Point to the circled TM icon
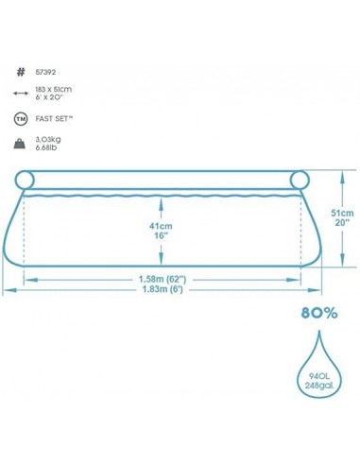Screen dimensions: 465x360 tap(20, 120)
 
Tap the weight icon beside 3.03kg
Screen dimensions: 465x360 tap(20, 146)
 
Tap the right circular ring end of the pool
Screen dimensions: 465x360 tap(301, 180)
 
